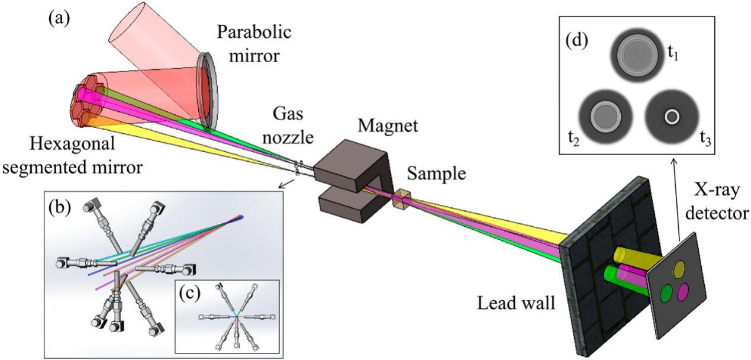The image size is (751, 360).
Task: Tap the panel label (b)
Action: (60, 208)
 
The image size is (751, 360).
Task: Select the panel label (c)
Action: (190, 293)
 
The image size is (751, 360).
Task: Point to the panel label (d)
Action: (576, 41)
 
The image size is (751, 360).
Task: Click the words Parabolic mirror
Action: (254, 44)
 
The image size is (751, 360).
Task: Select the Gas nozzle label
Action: (288, 125)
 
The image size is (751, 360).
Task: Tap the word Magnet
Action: (388, 126)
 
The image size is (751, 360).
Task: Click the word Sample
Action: (436, 174)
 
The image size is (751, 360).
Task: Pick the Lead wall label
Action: (516, 303)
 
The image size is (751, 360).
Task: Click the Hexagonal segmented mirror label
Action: (72, 155)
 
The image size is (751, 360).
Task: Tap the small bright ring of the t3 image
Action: (672, 117)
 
